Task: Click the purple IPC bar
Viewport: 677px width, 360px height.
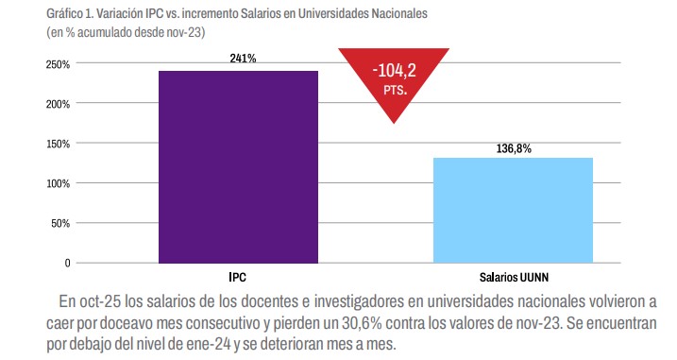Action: click(x=238, y=166)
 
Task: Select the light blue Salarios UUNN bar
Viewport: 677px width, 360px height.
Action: click(x=513, y=210)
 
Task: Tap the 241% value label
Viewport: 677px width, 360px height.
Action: click(x=243, y=59)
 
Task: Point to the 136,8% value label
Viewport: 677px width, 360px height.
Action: click(x=514, y=148)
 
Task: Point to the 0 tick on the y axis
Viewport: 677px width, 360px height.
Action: click(x=66, y=263)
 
